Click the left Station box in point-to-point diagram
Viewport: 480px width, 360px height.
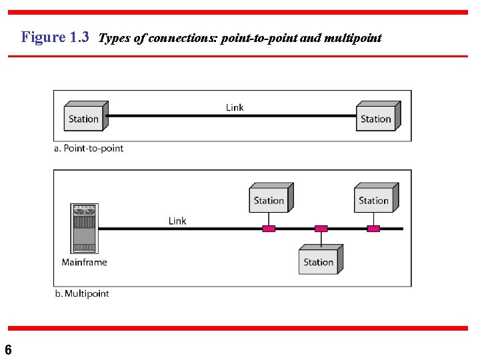(x=84, y=117)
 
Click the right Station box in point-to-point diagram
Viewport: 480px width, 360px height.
(x=377, y=117)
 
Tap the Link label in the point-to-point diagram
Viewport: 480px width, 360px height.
(x=235, y=107)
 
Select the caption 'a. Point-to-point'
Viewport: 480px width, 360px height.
(x=89, y=148)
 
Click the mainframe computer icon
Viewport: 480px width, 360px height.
(x=84, y=229)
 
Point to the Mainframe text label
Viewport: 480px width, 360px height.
(x=84, y=262)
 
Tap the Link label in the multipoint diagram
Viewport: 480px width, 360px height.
(x=177, y=221)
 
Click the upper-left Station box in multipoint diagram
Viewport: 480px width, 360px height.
(x=269, y=199)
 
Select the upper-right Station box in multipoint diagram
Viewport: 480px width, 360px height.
(x=375, y=199)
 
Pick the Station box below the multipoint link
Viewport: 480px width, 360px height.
(x=319, y=260)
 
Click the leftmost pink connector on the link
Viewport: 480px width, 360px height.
(x=269, y=229)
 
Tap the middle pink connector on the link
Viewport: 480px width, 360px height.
(x=321, y=229)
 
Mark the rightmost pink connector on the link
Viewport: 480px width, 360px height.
(x=374, y=229)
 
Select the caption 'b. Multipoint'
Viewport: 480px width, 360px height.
(x=81, y=293)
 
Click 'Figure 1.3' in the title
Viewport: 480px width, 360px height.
(x=55, y=37)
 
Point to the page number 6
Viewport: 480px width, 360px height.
(x=8, y=349)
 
